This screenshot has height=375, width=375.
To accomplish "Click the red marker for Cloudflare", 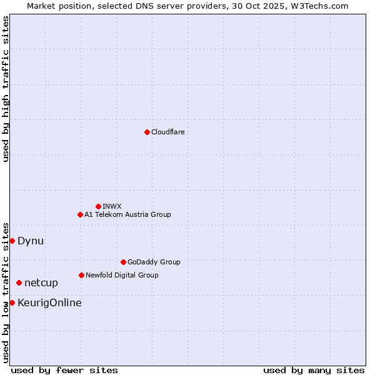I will point(147,132).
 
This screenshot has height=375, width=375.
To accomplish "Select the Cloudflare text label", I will point(167,132).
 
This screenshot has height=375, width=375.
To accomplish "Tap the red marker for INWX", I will point(98,206).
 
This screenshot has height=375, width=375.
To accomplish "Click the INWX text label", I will point(112,206).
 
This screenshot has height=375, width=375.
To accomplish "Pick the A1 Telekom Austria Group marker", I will point(80,214).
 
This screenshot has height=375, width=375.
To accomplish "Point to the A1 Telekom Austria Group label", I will point(127,214).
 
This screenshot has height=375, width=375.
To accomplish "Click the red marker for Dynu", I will point(12,241).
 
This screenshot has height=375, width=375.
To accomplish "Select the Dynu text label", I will point(31,241).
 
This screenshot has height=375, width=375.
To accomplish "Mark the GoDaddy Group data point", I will point(123,262).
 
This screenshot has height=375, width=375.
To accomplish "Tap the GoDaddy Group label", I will point(154,262).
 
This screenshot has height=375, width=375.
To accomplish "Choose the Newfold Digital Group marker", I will point(81,275).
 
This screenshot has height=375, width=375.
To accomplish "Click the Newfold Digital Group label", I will point(122,275).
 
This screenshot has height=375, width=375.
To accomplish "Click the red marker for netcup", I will point(19,282).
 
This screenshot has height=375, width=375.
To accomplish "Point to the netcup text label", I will point(41,282).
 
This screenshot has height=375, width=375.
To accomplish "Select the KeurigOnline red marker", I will point(12,302).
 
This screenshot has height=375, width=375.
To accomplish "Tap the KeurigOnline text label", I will point(49,303).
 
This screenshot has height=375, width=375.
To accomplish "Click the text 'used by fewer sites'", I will point(64,370).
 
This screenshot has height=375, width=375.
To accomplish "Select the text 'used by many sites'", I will point(314,370).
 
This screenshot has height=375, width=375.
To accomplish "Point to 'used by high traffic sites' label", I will point(6,89).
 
